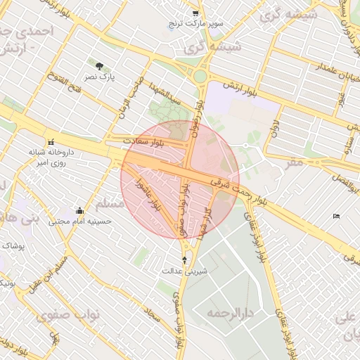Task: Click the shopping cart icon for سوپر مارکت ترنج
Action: (x=195, y=13)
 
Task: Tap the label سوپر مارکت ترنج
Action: (x=195, y=25)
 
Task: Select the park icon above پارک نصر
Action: (x=107, y=65)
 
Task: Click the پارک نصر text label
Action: (x=101, y=75)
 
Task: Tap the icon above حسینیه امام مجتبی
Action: (x=79, y=210)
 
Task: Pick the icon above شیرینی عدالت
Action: (x=184, y=259)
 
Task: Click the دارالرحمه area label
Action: (x=236, y=311)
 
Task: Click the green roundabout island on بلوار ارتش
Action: (x=201, y=75)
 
